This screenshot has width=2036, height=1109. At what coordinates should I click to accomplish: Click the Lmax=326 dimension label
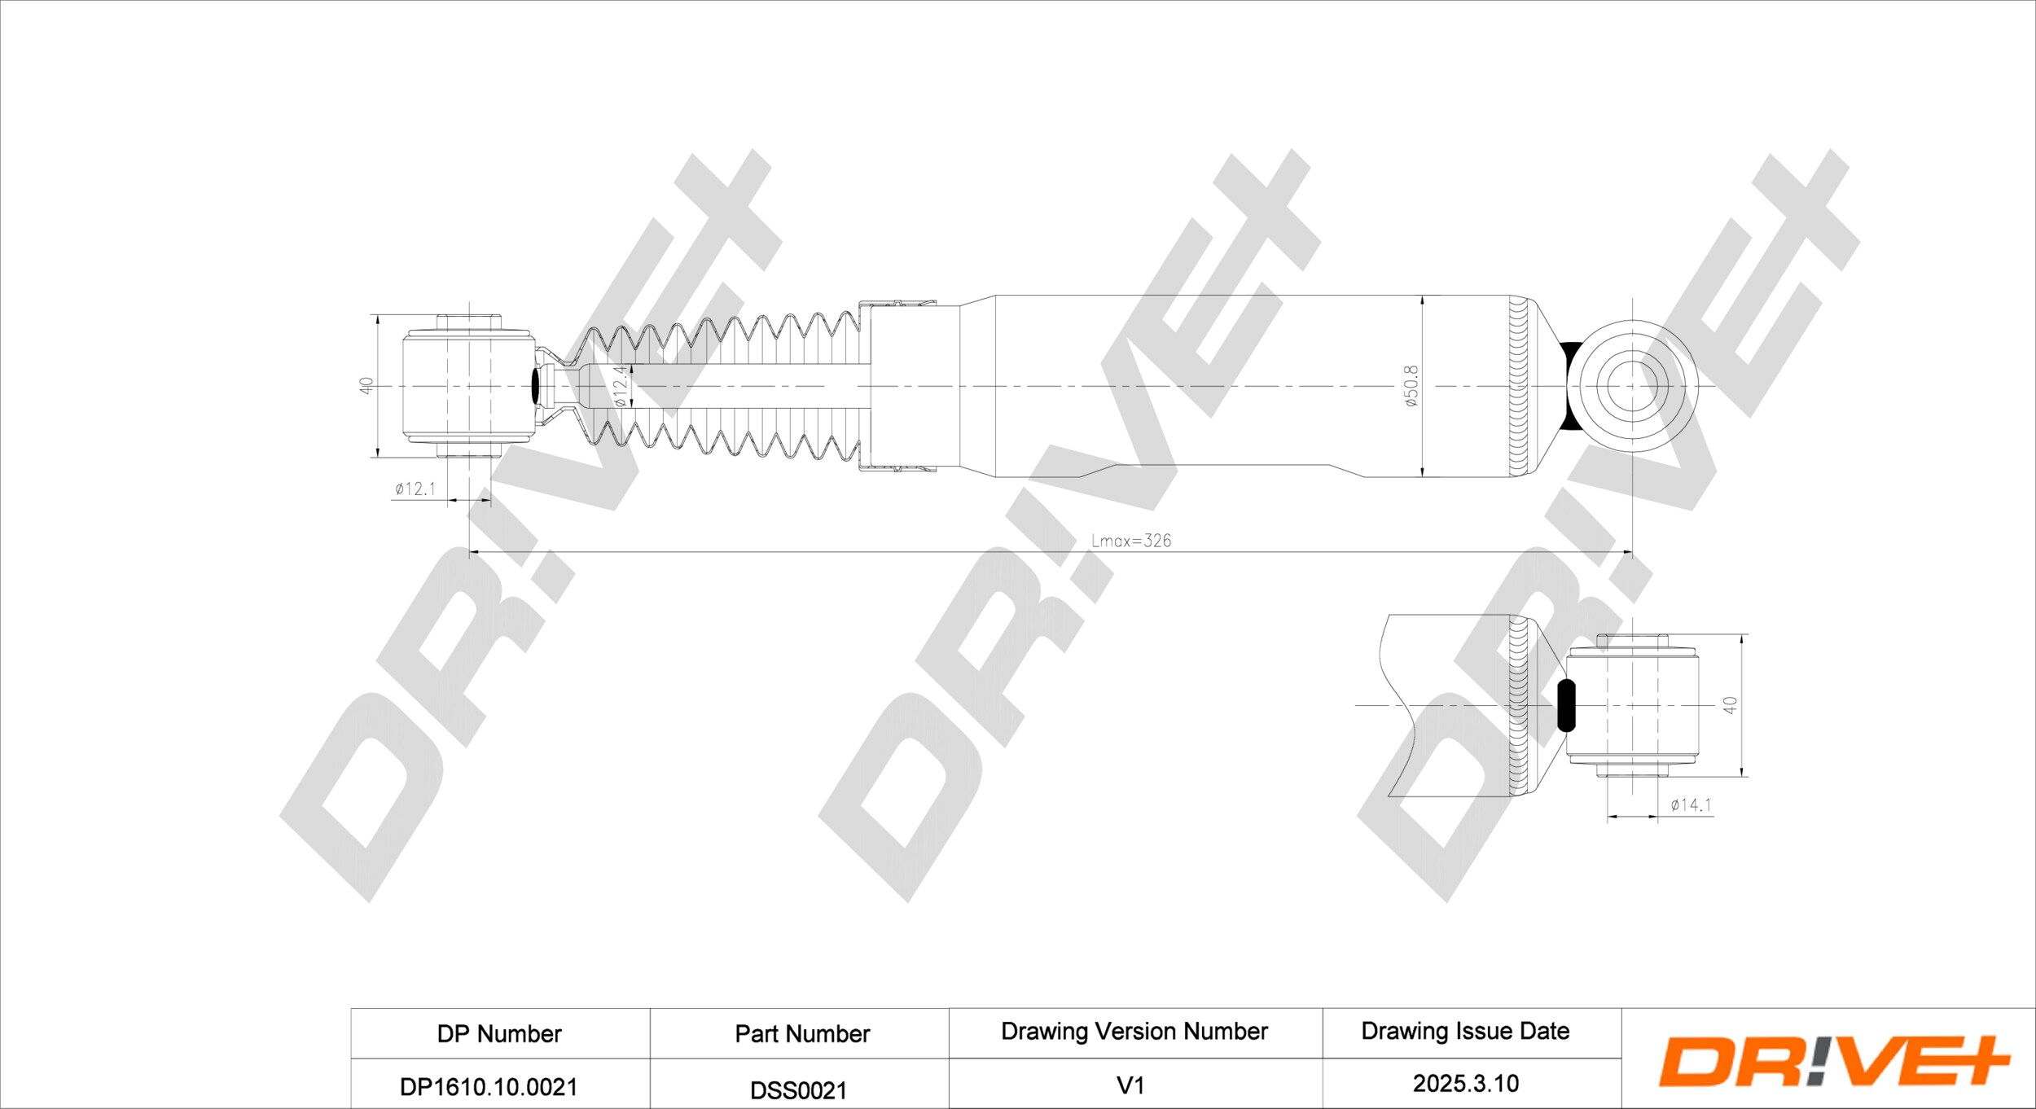pos(1131,541)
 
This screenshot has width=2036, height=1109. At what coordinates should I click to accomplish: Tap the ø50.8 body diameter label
pos(1411,386)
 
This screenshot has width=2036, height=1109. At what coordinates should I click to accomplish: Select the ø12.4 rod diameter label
pos(620,386)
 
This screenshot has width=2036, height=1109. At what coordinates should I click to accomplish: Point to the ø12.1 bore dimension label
pos(415,489)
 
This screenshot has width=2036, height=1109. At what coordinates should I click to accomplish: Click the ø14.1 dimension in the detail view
pos(1692,804)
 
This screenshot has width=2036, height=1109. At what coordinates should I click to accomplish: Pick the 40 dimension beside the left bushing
pos(366,386)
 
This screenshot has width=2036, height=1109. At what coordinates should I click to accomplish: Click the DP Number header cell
pos(499,1034)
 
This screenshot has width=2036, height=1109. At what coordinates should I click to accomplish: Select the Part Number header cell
pos(802,1034)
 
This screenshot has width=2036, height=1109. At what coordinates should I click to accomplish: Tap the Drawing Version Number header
pos(1134,1032)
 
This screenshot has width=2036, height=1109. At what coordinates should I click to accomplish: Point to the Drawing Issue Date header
pos(1465,1032)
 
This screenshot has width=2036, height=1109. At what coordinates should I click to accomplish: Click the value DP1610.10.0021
pos(489,1087)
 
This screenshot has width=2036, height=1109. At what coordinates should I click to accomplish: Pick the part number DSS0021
pos(799,1090)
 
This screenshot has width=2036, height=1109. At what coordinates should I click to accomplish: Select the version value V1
pos(1130,1085)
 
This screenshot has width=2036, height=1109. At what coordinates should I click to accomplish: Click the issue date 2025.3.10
pos(1466,1084)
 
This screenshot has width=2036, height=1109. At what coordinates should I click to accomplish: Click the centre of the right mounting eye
pos(1633,386)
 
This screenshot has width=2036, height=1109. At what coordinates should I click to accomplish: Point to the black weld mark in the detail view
pos(1565,705)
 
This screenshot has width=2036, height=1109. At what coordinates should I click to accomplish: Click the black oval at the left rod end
pos(535,386)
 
